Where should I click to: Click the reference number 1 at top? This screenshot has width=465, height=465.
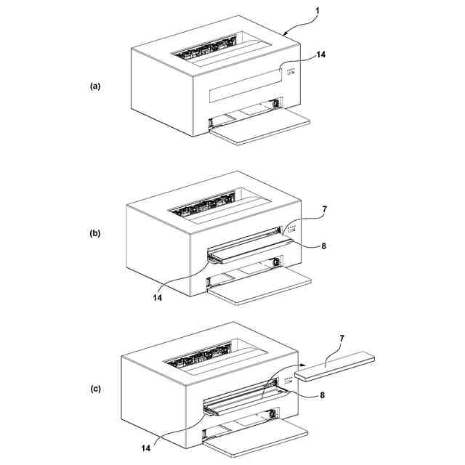[318, 11]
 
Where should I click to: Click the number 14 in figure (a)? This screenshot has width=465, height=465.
[320, 55]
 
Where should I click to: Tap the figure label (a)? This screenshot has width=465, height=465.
[95, 86]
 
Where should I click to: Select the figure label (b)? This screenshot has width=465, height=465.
[95, 233]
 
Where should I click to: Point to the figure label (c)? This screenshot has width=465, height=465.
[95, 389]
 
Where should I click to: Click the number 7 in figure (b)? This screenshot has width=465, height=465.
[325, 210]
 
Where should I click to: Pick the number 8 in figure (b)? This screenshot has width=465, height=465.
[323, 246]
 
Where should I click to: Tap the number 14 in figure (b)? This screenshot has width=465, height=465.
[158, 297]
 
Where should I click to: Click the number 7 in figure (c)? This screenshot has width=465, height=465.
[341, 339]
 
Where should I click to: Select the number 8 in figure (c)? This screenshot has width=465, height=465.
[322, 395]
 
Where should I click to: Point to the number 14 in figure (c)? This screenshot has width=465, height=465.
[145, 448]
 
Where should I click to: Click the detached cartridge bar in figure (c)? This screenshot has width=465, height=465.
[335, 365]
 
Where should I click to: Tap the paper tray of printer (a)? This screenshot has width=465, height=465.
[260, 126]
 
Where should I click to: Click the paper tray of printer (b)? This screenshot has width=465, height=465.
[260, 286]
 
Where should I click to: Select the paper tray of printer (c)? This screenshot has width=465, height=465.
[256, 437]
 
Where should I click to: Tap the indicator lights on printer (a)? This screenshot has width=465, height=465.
[291, 71]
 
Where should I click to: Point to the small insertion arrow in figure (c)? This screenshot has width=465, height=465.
[302, 365]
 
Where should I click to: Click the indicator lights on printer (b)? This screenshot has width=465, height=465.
[291, 228]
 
